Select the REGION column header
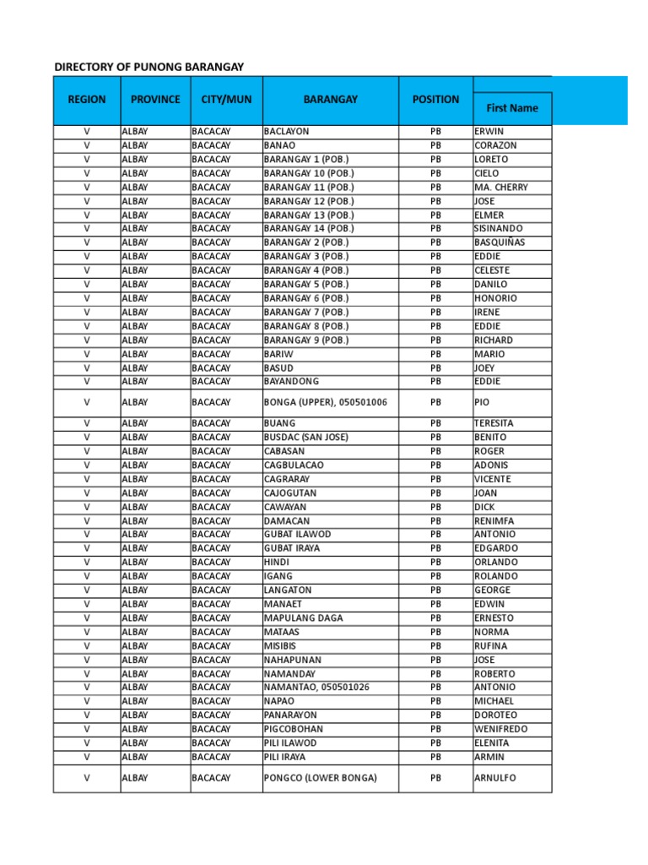click(x=87, y=100)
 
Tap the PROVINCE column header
click(x=155, y=100)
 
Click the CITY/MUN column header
click(x=226, y=100)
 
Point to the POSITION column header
click(x=435, y=100)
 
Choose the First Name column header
click(x=512, y=108)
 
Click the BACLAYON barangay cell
click(x=287, y=132)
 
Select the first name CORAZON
click(x=496, y=145)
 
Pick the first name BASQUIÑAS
click(x=499, y=242)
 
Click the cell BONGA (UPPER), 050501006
click(x=326, y=403)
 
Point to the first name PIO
click(x=482, y=403)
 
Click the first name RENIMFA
click(x=494, y=520)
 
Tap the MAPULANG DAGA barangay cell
click(x=304, y=618)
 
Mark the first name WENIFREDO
click(x=501, y=729)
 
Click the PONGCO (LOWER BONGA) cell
click(x=321, y=778)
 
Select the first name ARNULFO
click(x=495, y=778)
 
